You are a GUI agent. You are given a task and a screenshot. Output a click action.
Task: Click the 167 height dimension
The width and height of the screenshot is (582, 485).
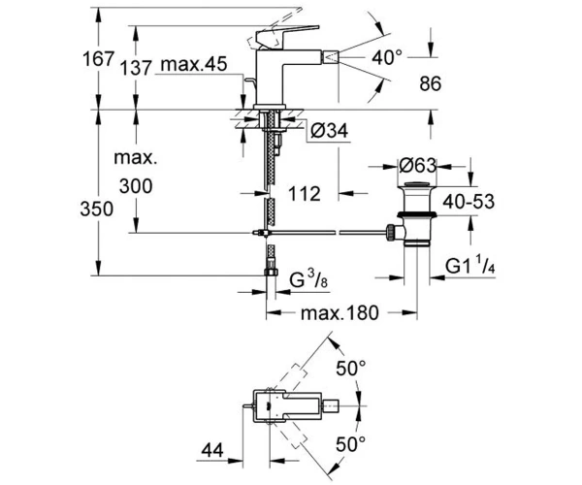point(98,59)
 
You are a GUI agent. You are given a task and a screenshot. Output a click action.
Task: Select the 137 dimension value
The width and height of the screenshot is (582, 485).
point(136,68)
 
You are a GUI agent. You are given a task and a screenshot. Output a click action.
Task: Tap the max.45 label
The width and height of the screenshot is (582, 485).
point(194,64)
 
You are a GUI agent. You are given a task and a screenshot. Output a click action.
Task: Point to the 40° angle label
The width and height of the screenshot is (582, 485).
point(387,58)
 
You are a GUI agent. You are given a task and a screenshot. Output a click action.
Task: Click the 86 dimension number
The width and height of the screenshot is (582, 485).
point(431,83)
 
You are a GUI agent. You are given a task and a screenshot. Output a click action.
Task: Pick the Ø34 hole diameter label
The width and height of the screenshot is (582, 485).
point(330,131)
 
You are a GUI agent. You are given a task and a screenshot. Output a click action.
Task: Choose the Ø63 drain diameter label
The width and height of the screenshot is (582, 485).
point(418,165)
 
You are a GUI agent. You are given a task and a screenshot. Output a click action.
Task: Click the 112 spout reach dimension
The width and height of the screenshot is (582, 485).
point(305,194)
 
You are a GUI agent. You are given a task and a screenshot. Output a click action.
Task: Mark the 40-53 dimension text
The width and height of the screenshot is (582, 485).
point(469,202)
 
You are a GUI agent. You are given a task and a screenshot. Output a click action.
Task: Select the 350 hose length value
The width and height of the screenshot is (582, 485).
point(97,209)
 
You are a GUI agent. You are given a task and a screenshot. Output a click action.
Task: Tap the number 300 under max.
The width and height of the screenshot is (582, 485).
point(136,186)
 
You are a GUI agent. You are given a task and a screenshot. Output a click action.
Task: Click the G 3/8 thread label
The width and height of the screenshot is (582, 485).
point(308,280)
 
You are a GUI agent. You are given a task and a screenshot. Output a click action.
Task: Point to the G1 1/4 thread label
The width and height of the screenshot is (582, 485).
point(470,266)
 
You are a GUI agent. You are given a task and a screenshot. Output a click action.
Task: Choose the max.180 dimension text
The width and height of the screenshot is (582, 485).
point(339,312)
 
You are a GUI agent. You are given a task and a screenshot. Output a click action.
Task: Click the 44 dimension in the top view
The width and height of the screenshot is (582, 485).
point(212,450)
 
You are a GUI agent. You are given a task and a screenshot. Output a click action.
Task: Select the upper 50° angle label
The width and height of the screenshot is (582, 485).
point(351,369)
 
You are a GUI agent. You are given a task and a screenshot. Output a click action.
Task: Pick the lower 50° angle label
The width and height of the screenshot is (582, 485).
point(351,444)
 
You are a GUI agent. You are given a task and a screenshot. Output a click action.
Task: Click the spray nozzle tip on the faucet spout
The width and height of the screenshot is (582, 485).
point(331,58)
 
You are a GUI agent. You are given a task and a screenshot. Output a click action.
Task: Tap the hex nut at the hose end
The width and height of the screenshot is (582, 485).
point(272,272)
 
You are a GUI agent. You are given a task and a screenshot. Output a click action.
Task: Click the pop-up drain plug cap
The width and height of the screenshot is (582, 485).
point(417,184)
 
